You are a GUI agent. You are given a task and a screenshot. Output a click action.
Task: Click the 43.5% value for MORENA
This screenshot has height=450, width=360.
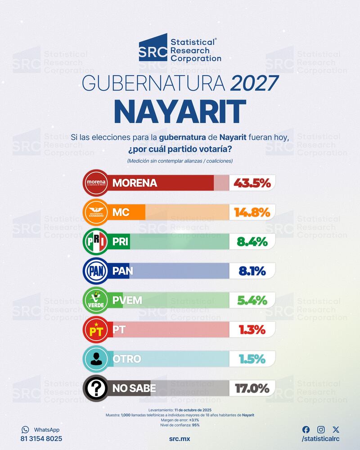(252, 183)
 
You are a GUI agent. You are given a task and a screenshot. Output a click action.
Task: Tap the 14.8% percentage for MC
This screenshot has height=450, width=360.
(252, 212)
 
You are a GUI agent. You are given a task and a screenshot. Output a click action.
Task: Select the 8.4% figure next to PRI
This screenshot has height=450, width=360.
(252, 242)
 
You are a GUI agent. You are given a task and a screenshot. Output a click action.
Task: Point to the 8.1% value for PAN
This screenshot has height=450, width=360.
(252, 270)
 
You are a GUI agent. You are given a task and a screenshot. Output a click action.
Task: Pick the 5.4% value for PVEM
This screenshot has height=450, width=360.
(252, 300)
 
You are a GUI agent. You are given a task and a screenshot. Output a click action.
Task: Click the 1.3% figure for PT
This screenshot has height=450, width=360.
(252, 329)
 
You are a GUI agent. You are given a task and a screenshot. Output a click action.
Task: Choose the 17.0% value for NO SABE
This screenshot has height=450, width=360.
(252, 387)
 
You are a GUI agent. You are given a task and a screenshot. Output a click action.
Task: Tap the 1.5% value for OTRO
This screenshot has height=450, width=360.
(252, 359)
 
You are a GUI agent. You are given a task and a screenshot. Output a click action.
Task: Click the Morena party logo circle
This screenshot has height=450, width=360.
(96, 183)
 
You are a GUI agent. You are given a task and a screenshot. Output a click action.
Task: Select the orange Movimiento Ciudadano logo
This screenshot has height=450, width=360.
(96, 212)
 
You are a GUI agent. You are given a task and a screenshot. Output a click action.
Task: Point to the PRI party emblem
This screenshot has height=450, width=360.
(96, 242)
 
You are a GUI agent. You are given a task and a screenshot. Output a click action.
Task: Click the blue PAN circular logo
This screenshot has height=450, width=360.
(96, 270)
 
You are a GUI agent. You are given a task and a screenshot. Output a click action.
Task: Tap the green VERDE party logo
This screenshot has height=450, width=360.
(96, 300)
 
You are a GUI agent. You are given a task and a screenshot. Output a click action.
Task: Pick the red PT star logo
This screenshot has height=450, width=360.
(96, 329)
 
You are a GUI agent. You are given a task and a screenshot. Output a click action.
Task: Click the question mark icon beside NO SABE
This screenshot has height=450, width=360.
(96, 387)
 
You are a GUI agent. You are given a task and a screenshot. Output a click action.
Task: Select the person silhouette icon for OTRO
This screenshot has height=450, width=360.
(96, 359)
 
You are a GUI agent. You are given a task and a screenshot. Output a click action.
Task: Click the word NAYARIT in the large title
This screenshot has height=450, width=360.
(180, 111)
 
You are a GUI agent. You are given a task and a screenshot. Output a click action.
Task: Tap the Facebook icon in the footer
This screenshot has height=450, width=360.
(306, 429)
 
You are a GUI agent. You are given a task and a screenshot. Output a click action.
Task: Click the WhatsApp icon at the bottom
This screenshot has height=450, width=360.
(25, 430)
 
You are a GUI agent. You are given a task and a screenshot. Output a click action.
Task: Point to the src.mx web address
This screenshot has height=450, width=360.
(180, 438)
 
